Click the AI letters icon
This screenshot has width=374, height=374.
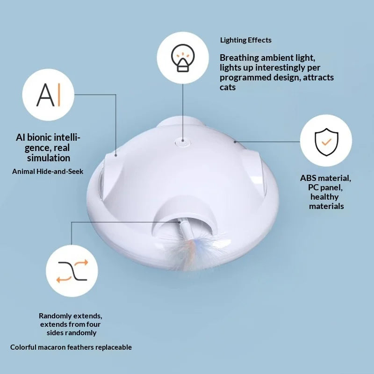click(x=48, y=95)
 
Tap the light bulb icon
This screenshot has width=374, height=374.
click(x=183, y=58)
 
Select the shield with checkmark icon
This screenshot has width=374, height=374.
click(x=326, y=142)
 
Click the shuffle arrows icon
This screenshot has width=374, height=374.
click(x=72, y=271)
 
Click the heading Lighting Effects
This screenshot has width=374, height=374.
click(x=246, y=40)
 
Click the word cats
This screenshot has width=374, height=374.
click(x=228, y=87)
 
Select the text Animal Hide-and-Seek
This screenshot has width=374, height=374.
click(x=48, y=171)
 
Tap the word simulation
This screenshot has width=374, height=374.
click(x=49, y=158)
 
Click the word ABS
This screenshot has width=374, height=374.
click(x=308, y=178)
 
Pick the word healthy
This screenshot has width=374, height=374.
click(x=324, y=197)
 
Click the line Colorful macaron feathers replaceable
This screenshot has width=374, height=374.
click(x=71, y=347)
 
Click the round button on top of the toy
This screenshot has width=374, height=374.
click(x=183, y=143)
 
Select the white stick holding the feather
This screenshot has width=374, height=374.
click(x=186, y=230)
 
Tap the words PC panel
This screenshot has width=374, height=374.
click(x=325, y=187)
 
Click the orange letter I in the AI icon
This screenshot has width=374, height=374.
click(x=59, y=95)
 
